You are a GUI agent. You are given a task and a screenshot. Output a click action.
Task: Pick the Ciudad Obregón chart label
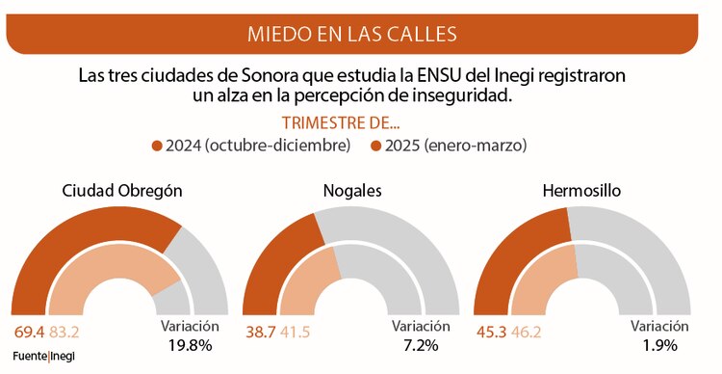(x=121, y=190)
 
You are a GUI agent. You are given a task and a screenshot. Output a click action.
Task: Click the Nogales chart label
(x=351, y=190)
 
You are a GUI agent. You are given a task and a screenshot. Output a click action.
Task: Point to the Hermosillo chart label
(x=580, y=190)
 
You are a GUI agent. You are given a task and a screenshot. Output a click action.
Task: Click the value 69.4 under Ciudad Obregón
(x=29, y=333)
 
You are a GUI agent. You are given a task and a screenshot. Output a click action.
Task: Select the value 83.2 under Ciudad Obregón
(x=64, y=333)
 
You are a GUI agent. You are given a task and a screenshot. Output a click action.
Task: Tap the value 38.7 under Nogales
(x=260, y=333)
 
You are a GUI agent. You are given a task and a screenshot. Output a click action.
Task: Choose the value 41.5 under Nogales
(x=296, y=333)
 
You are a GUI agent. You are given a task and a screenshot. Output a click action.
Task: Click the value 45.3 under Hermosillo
(x=490, y=333)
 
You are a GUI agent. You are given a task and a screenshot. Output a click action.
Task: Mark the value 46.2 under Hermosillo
(x=526, y=333)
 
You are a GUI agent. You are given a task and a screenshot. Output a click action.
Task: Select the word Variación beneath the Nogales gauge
(x=420, y=326)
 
